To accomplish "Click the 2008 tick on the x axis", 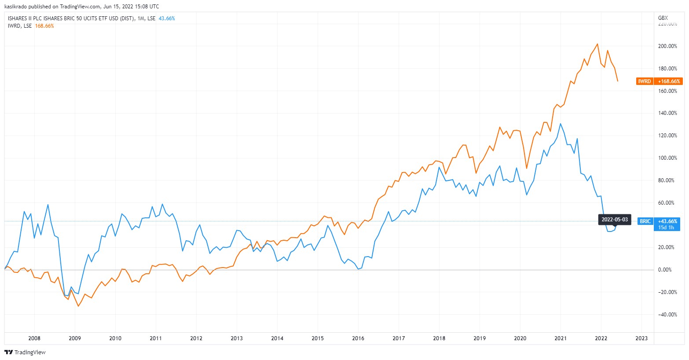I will point(34,338).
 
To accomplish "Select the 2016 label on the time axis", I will point(358,338).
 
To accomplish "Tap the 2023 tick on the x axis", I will point(641,338).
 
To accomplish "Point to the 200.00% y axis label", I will point(667,46).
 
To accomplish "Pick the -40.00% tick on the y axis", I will point(667,315).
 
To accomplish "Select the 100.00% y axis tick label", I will point(667,158).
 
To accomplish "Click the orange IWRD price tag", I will point(645,81).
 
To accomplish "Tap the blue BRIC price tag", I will point(645,221).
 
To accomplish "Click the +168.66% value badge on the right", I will point(669,81).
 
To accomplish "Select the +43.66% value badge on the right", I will point(667,221).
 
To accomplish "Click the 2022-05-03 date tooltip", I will point(615,220).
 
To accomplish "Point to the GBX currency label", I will point(663,18).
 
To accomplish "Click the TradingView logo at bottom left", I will point(25,353).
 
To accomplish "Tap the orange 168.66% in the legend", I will point(44,26).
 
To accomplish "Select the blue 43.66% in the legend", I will point(167,18).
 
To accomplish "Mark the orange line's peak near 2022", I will point(597,44).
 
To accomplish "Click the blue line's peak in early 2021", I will point(560,124).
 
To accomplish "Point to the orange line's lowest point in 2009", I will point(78,306).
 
